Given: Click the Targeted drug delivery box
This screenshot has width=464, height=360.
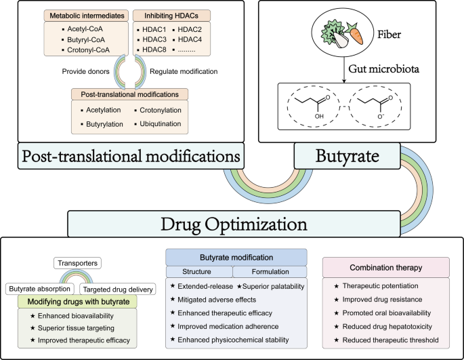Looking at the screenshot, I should pos(120,288).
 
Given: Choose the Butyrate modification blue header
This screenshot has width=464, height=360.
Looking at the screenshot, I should pos(236,258).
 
